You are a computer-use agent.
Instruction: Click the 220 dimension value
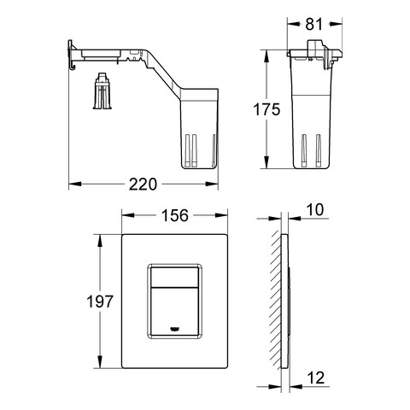pyautogui.click(x=143, y=184)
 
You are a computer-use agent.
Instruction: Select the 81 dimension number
pyautogui.click(x=314, y=24)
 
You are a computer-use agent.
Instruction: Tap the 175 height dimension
pyautogui.click(x=266, y=109)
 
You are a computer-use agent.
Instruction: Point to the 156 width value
pyautogui.click(x=175, y=215)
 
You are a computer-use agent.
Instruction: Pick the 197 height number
pyautogui.click(x=100, y=302)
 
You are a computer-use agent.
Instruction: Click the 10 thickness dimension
pyautogui.click(x=315, y=210)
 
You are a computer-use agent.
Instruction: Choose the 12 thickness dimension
pyautogui.click(x=316, y=378)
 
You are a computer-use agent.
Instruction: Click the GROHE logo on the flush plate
pyautogui.click(x=174, y=329)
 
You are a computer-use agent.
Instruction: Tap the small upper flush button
pyautogui.click(x=174, y=277)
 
